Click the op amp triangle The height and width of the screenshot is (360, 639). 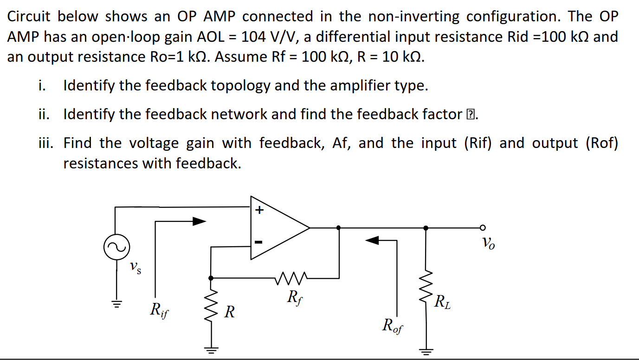coord(278,227)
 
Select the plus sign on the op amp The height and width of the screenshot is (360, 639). coord(259,210)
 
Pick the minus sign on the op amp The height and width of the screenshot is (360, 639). coord(259,242)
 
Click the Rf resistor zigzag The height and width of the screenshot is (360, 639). coord(290,278)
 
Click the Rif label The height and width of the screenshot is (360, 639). coord(159,309)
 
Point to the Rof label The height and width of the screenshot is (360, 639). coord(393,326)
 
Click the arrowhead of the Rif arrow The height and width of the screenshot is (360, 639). coord(199,222)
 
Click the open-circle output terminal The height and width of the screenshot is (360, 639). coord(483,227)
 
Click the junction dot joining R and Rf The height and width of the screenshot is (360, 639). coord(211,278)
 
